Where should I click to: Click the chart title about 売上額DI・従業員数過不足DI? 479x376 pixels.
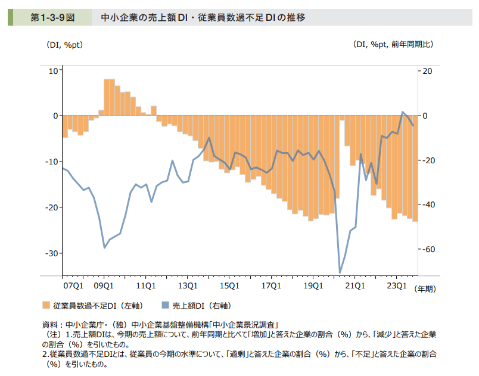point(203,17)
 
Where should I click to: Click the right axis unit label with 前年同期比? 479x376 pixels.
point(393,45)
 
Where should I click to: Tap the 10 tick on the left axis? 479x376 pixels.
point(52,70)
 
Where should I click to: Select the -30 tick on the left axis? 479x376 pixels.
point(51,253)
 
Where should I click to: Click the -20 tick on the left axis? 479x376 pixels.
point(51,207)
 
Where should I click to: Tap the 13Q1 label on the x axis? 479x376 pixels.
point(188,285)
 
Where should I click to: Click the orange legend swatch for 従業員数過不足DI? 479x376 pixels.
point(46,306)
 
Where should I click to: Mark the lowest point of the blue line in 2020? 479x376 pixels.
point(340,273)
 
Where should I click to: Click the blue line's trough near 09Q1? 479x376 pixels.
point(105,247)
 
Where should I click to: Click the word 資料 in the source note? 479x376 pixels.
point(50,325)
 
